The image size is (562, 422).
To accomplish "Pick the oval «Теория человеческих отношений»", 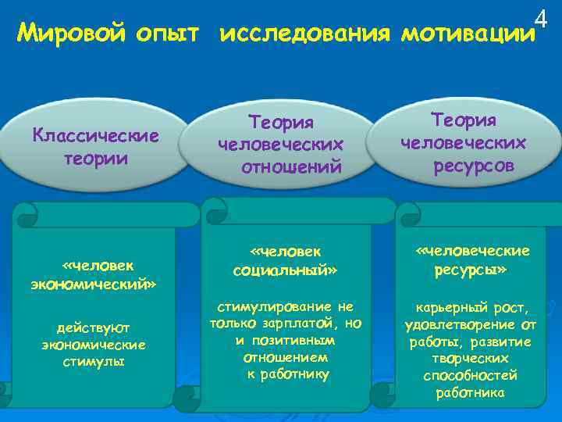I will [x=280, y=144].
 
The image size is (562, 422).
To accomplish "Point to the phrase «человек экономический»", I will [x=94, y=274].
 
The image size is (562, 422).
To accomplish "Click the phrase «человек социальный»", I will [x=285, y=260].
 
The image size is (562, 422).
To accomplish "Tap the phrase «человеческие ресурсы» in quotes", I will [x=472, y=259].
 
